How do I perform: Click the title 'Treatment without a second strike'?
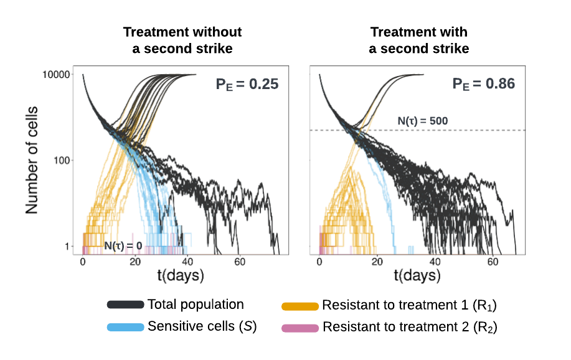[x=182, y=40]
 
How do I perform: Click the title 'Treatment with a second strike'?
[x=418, y=40]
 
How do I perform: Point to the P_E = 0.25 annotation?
[x=247, y=83]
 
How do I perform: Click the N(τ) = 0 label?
[x=123, y=246]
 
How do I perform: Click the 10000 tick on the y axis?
[x=55, y=75]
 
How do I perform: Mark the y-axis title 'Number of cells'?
[x=32, y=161]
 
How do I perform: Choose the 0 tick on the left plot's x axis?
[x=83, y=262]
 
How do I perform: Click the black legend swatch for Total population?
[x=126, y=305]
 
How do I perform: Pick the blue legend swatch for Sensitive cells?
[x=126, y=327]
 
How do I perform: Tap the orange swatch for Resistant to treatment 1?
[x=300, y=306]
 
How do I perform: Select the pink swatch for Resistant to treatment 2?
[x=300, y=328]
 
